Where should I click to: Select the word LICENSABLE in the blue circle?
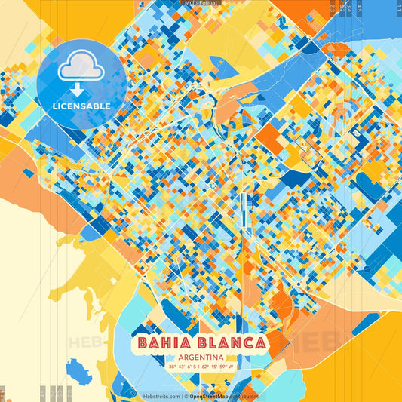pos(81,106)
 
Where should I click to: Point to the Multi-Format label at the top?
pos(200,3)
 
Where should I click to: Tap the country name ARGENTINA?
pos(201,358)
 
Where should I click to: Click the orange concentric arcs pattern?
pos(343,113)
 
